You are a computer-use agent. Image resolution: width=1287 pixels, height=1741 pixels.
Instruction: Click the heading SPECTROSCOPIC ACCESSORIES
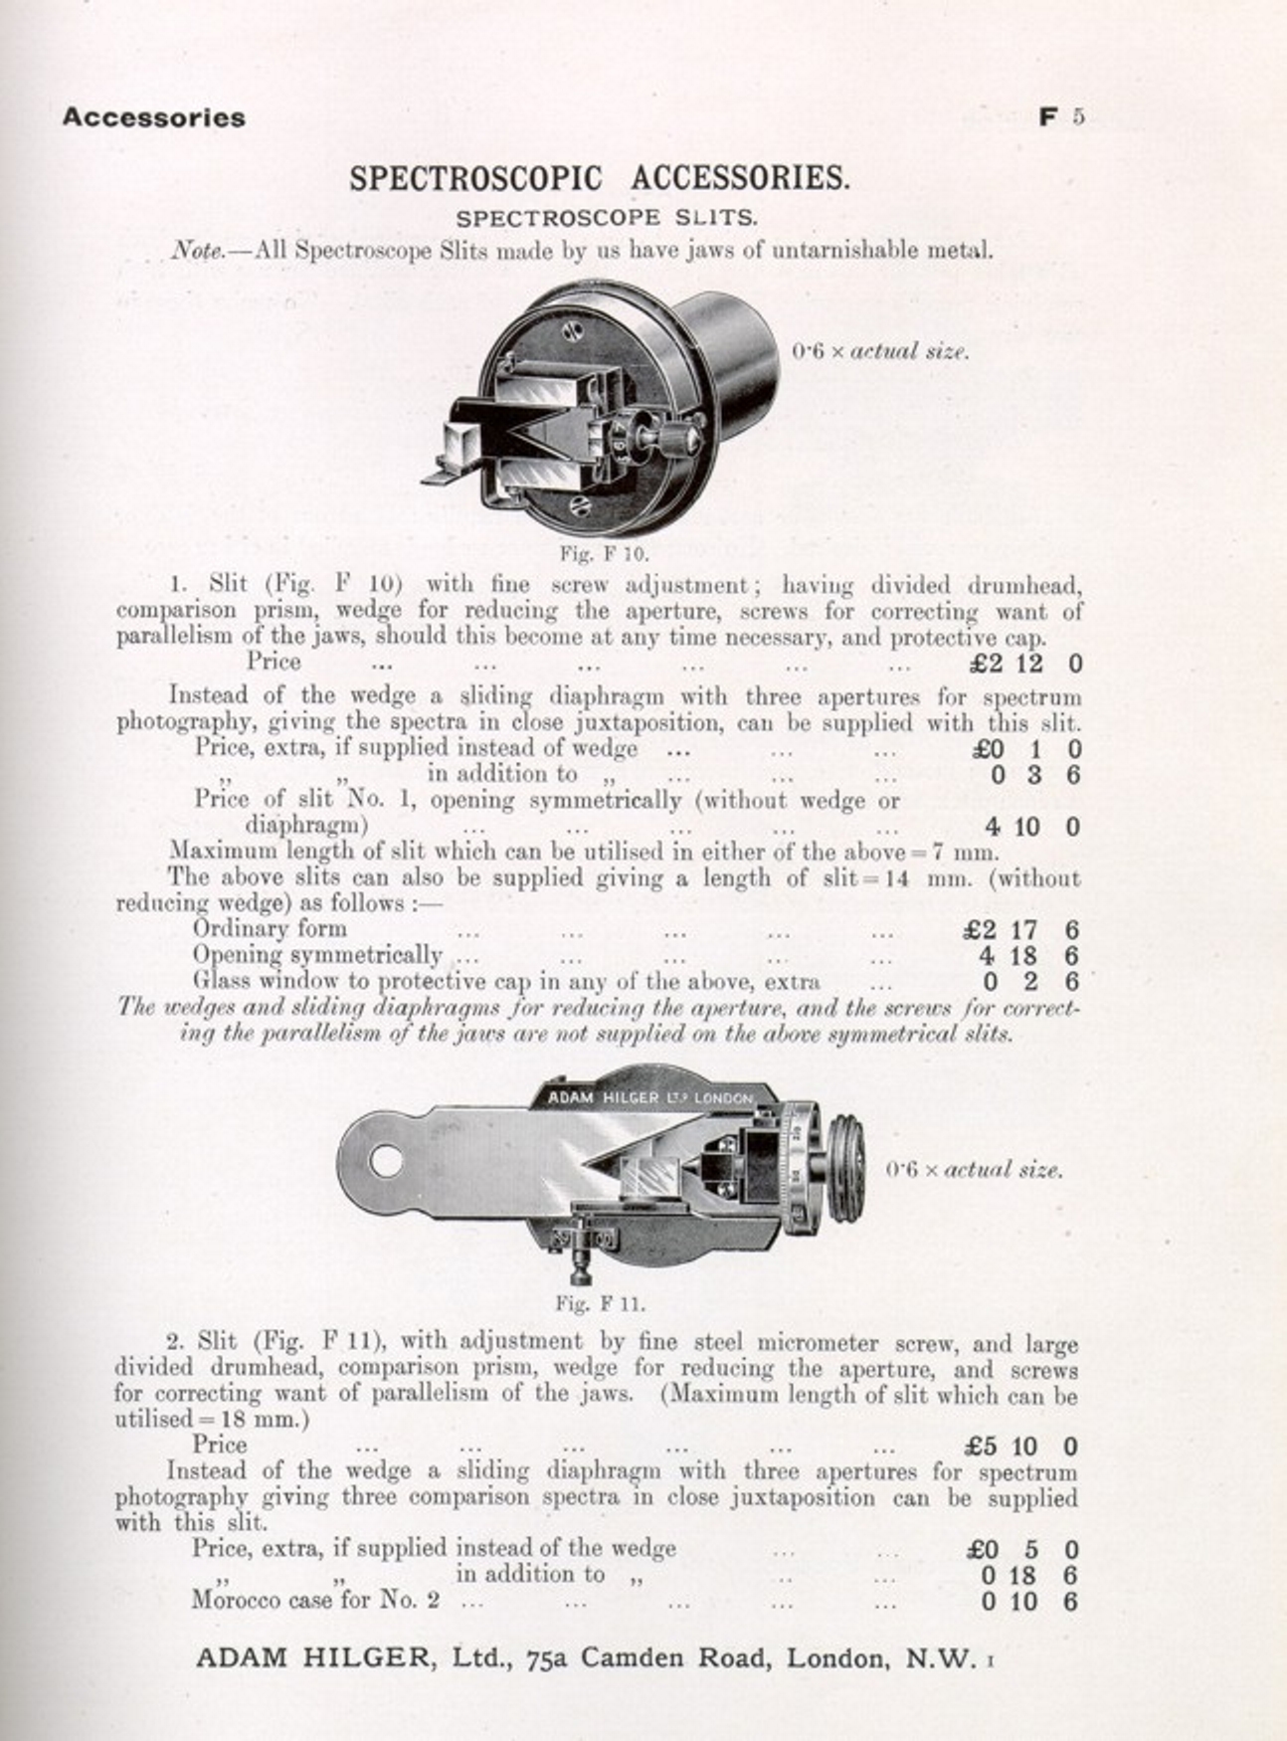point(600,178)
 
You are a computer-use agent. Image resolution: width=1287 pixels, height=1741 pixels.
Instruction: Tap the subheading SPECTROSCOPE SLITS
point(607,217)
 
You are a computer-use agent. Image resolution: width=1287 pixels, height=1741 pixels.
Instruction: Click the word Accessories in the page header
point(153,117)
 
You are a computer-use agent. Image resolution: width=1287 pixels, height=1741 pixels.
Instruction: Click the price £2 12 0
point(1026,663)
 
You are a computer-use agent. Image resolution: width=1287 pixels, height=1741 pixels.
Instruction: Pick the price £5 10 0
point(1022,1447)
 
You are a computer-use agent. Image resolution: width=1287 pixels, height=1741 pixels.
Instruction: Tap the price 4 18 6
point(1029,956)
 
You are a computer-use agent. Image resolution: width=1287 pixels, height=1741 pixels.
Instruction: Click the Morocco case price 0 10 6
point(1029,1602)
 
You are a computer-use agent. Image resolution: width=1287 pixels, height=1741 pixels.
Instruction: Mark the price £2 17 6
point(1022,930)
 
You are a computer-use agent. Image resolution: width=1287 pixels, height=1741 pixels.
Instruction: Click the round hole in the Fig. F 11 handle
point(385,1160)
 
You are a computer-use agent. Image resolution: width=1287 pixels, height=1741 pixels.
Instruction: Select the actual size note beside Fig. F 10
point(881,351)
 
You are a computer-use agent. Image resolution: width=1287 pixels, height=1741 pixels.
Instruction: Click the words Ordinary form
point(270,929)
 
